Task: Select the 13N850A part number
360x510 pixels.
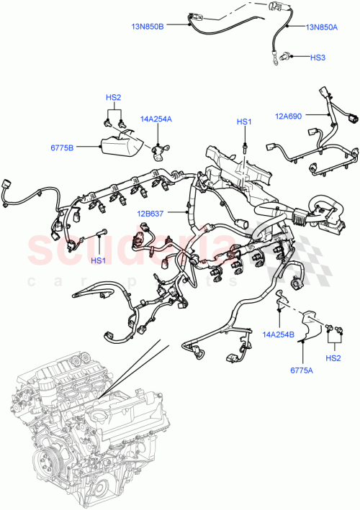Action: pyautogui.click(x=322, y=27)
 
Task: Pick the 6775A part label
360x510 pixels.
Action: pyautogui.click(x=300, y=370)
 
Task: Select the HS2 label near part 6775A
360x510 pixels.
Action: pyautogui.click(x=333, y=358)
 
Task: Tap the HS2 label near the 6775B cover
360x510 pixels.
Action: pyautogui.click(x=114, y=96)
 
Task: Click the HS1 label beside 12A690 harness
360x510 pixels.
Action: pyautogui.click(x=245, y=123)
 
